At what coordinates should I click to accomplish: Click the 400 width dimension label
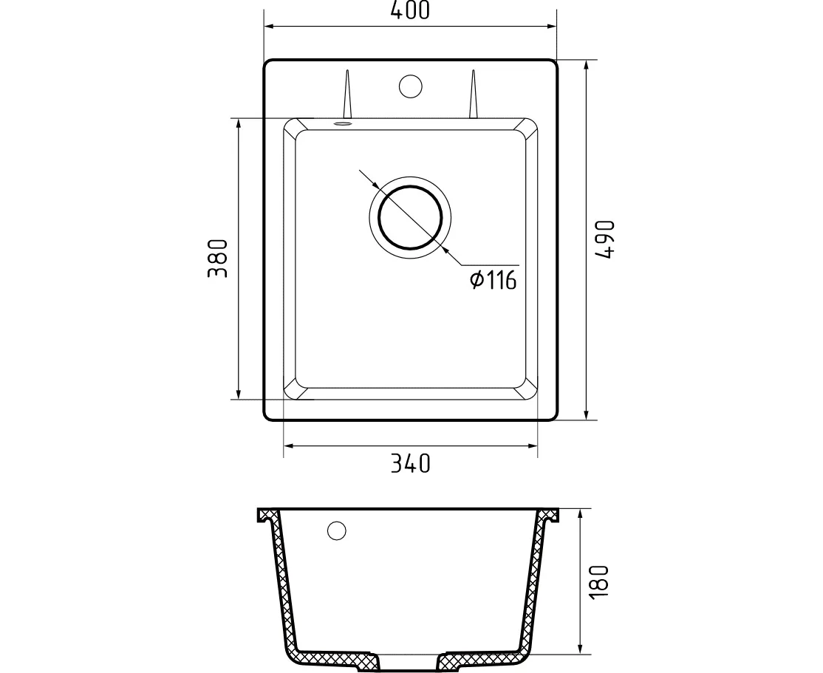410,10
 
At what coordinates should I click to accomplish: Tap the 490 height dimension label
605,239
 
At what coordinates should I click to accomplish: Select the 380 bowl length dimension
218,259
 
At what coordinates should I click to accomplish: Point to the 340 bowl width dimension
411,463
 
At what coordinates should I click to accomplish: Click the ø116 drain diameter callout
494,280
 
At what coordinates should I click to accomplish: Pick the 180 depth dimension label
599,581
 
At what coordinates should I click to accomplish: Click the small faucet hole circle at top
410,86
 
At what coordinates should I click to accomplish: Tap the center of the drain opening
410,217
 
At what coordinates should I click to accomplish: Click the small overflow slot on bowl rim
342,124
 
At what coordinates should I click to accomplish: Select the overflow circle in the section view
336,530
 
